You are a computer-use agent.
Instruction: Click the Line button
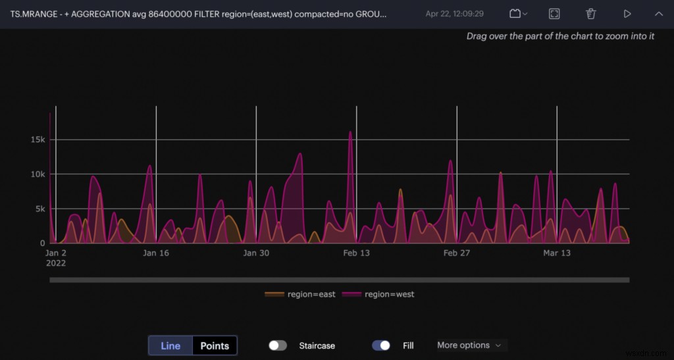click(170, 346)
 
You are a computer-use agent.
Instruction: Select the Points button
click(215, 346)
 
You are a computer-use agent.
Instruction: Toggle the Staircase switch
click(278, 346)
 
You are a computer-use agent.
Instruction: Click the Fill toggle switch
click(381, 346)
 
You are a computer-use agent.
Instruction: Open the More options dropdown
click(469, 346)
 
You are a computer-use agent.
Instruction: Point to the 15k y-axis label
click(37, 140)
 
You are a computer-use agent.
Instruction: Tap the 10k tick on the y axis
click(37, 174)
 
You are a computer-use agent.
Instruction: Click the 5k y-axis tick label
click(39, 209)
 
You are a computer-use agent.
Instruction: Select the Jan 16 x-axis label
click(156, 253)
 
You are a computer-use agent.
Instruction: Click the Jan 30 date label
click(256, 253)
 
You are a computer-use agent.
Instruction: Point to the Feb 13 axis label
click(356, 253)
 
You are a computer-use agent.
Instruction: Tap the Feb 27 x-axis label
click(457, 253)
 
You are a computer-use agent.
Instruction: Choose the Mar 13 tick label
click(557, 253)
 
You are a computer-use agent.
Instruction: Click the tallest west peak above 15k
click(350, 132)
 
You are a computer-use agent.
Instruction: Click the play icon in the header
click(627, 14)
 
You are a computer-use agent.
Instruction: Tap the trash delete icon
click(591, 14)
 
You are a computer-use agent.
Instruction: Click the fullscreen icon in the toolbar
click(554, 14)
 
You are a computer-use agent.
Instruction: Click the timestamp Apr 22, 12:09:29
click(455, 14)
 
